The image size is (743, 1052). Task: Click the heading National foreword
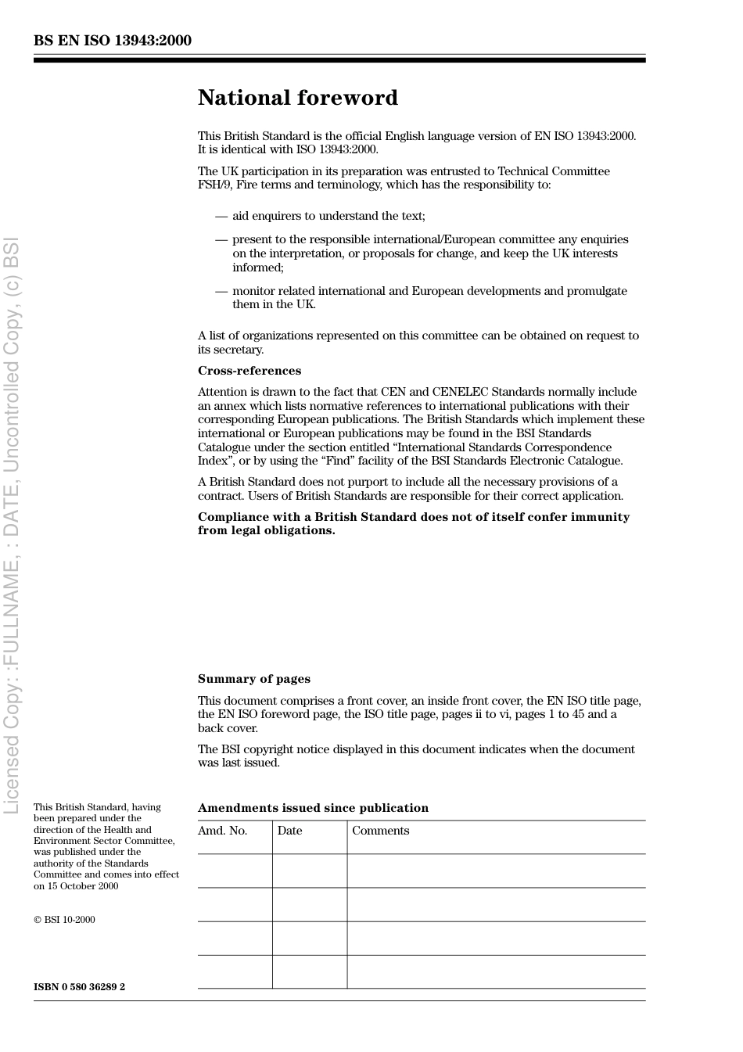[297, 98]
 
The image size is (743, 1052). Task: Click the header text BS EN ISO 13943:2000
[112, 41]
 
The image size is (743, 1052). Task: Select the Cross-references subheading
[249, 371]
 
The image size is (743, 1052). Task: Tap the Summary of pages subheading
[253, 679]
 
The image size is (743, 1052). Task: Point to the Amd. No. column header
[222, 831]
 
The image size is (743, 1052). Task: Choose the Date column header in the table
[289, 831]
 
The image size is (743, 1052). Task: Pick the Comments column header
[380, 831]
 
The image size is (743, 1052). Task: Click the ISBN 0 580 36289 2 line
[79, 986]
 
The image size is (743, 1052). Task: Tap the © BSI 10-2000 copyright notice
[64, 920]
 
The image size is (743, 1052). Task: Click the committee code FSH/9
[213, 185]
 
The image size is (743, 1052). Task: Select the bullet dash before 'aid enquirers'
[221, 216]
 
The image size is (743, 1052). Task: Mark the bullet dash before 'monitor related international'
[221, 291]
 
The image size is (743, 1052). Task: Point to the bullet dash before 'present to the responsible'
[221, 239]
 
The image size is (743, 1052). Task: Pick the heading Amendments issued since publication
[313, 808]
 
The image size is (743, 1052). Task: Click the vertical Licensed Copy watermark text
[12, 524]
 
